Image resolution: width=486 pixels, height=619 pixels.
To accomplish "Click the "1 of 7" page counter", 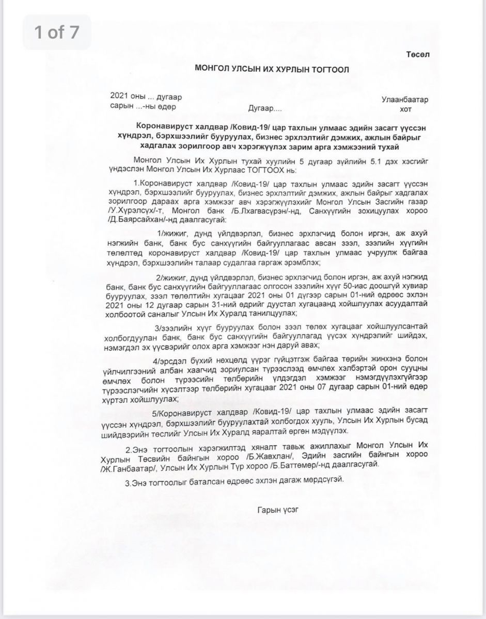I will [x=56, y=32].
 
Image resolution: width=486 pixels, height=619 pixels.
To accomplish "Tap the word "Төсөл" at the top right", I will [x=416, y=54].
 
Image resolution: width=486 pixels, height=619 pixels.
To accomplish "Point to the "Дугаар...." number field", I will [x=265, y=109].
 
